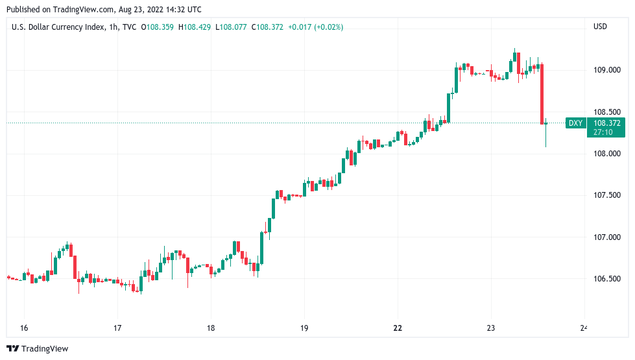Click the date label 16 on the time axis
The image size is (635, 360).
(x=23, y=328)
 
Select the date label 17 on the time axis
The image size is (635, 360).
(x=117, y=328)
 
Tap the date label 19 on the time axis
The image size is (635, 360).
(x=304, y=328)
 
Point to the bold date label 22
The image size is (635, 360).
(x=398, y=328)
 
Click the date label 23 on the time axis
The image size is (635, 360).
(x=491, y=328)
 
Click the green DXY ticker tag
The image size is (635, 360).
(x=575, y=123)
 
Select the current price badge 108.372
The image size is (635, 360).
(x=607, y=123)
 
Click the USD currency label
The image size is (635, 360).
(x=600, y=27)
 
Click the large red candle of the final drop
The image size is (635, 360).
(x=542, y=93)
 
